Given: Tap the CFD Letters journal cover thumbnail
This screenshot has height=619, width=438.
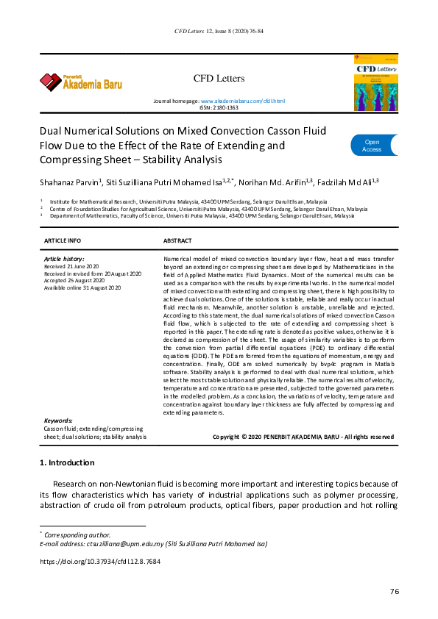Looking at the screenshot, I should coord(377,82).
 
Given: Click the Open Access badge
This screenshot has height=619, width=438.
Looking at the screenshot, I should coord(373,146).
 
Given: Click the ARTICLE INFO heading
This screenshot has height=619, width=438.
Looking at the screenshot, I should coord(63,241).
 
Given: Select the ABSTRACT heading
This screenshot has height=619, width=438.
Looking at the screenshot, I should coord(177,241).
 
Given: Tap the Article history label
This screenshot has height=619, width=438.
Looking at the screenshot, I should coord(64,260).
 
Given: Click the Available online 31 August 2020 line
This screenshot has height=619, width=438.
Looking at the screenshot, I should coord(82,286).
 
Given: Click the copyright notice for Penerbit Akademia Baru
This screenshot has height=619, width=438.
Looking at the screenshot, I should coord(303,437).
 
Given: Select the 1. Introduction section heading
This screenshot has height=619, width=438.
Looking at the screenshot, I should coord(66,462).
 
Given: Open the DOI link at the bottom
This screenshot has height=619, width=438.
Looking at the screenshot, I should coord(99,562).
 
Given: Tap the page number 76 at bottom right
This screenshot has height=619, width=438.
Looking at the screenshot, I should coord(394,593).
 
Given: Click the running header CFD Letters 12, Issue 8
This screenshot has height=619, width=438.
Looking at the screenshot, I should coord(219,32).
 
